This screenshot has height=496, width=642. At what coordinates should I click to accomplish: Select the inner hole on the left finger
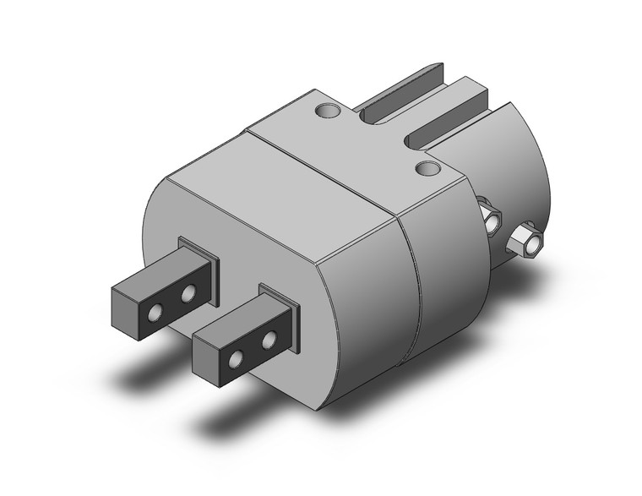pyautogui.click(x=188, y=293)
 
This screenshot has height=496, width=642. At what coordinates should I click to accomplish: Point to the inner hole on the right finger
pyautogui.click(x=269, y=341)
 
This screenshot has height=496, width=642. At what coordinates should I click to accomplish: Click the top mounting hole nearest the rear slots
pyautogui.click(x=327, y=110)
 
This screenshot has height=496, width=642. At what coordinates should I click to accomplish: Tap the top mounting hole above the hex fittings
pyautogui.click(x=429, y=169)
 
